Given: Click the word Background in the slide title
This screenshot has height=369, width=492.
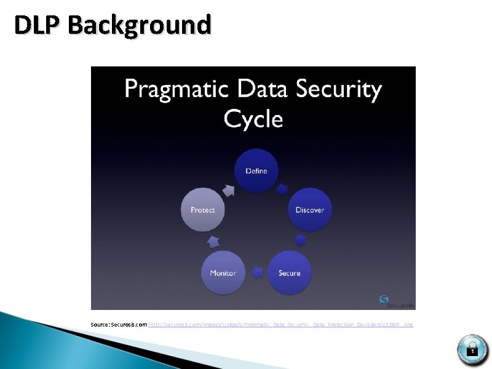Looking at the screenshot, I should coord(140,25).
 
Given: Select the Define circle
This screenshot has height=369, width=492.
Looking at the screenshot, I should coord(256,170).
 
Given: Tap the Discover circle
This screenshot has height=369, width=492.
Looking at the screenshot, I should coord(309,210).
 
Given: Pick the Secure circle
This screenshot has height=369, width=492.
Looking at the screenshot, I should coord(290,272).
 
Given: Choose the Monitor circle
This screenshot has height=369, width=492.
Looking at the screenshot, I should coord(223,272).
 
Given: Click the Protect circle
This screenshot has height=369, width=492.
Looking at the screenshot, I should coord(203,210).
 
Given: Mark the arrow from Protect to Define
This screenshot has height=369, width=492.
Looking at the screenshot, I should coord(228,191).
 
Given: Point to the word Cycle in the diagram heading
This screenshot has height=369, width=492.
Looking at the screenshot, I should coord(253,118).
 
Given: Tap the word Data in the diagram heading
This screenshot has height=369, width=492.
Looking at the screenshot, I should coord(261,89).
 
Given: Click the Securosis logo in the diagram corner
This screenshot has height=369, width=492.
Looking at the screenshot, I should coord(397,301).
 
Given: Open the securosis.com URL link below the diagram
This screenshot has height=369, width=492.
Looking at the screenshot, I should coord(280,323).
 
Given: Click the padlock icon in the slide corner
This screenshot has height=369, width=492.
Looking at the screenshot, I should coord(472,349).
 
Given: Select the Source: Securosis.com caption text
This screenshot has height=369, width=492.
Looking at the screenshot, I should coord(119,323).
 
